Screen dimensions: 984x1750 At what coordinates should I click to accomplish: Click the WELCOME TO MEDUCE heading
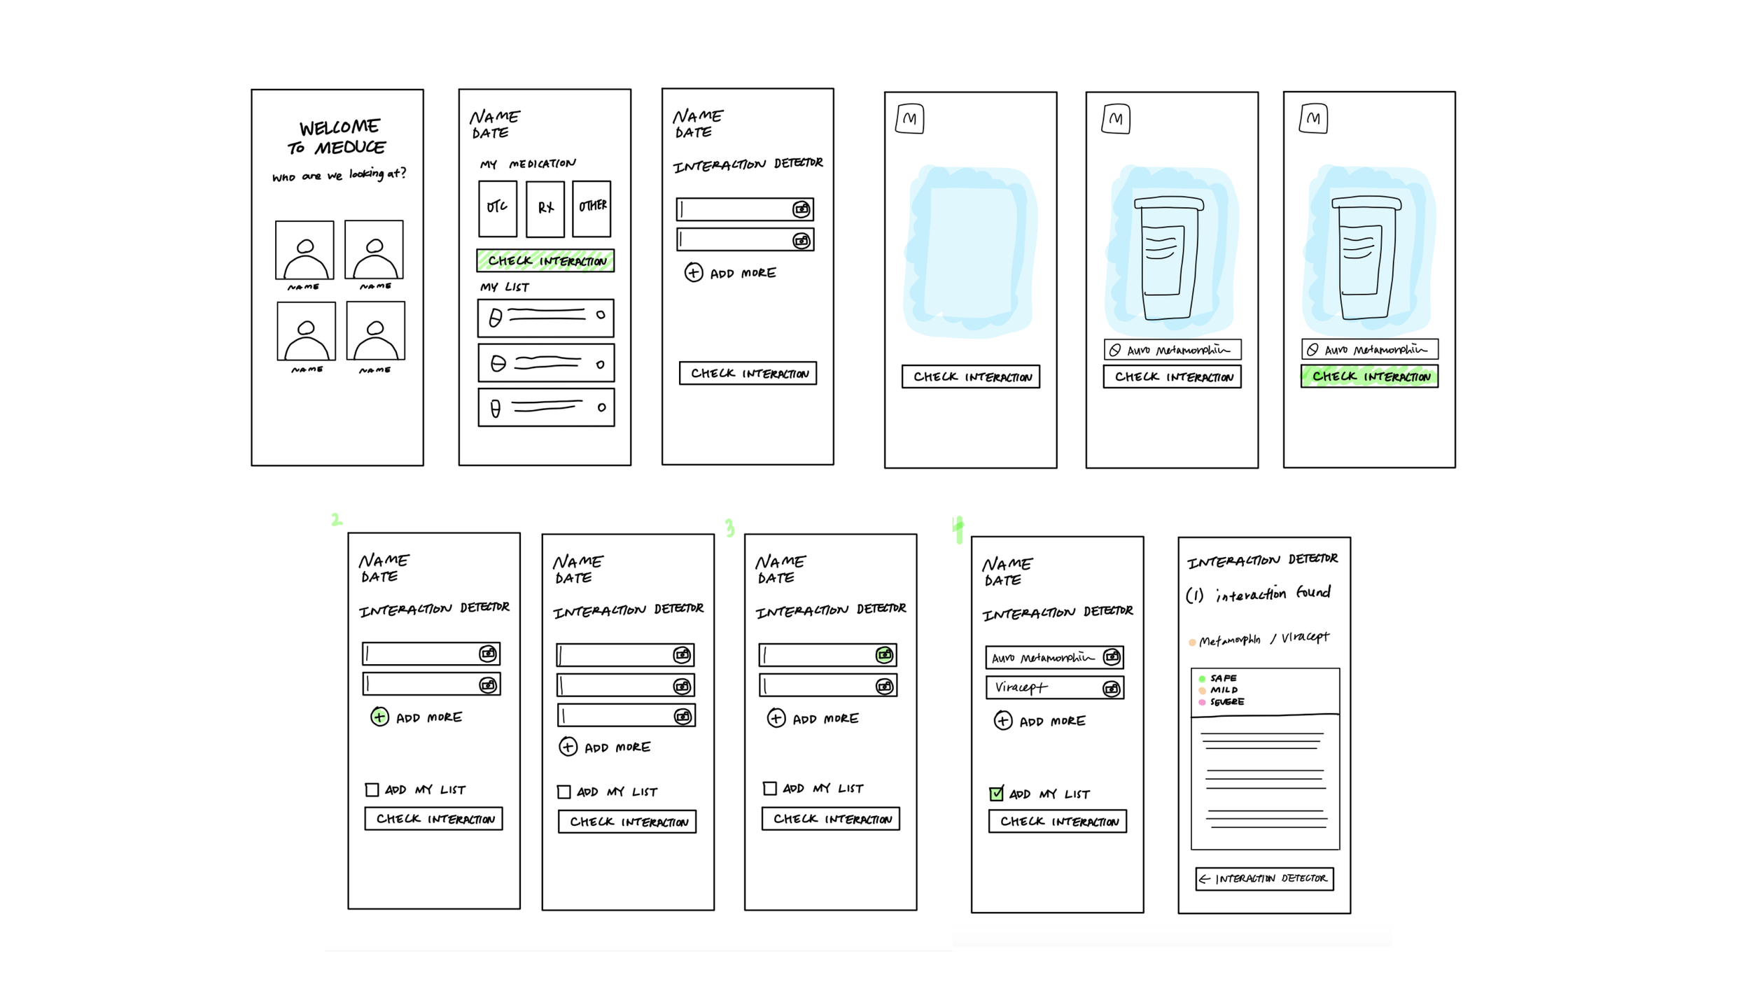click(x=338, y=137)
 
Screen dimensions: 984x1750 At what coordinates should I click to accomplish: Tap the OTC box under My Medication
click(x=497, y=209)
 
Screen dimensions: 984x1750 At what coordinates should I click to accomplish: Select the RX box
click(x=545, y=209)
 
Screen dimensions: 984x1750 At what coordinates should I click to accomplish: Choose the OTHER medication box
click(x=591, y=208)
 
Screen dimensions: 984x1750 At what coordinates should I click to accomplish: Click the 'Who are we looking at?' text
click(x=339, y=175)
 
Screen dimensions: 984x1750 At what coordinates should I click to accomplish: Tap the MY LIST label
click(x=504, y=287)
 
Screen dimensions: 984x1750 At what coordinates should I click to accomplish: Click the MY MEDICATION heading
click(x=527, y=164)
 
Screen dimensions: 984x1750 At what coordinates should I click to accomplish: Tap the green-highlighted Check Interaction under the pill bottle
click(x=1369, y=377)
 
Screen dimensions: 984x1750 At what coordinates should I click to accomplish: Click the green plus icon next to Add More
click(x=379, y=717)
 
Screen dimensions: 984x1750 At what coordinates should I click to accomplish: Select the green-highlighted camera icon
click(x=884, y=655)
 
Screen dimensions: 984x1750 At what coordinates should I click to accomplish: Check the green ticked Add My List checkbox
click(x=996, y=794)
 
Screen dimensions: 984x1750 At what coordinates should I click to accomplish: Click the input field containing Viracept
click(x=1043, y=688)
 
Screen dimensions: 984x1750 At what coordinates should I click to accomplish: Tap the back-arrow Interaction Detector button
click(x=1264, y=878)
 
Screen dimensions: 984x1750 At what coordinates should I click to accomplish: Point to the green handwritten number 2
click(x=337, y=519)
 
